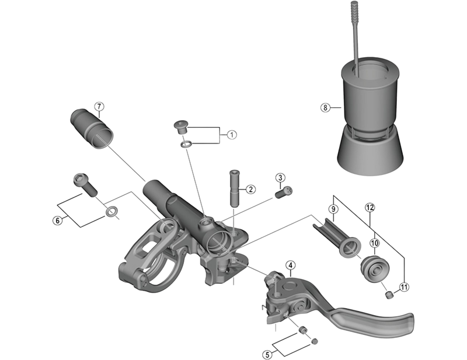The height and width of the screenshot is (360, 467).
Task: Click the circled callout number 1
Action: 232,135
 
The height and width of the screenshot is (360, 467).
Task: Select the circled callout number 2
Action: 250,189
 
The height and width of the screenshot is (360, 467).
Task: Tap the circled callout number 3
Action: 280,177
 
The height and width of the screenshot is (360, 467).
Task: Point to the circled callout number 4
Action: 290,267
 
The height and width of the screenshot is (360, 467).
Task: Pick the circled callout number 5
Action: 267,353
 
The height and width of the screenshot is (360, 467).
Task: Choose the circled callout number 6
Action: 57,221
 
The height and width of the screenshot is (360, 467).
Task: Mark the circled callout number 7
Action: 99,106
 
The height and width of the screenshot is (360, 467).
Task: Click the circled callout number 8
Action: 325,107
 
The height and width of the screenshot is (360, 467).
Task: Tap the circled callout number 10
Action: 374,242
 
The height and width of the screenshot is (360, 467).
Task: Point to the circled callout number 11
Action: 403,286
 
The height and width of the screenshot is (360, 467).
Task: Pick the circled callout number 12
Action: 369,207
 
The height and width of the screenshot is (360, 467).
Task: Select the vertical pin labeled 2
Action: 234,188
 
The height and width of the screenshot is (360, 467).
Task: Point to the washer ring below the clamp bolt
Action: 110,210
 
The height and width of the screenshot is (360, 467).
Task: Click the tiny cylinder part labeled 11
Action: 389,295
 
